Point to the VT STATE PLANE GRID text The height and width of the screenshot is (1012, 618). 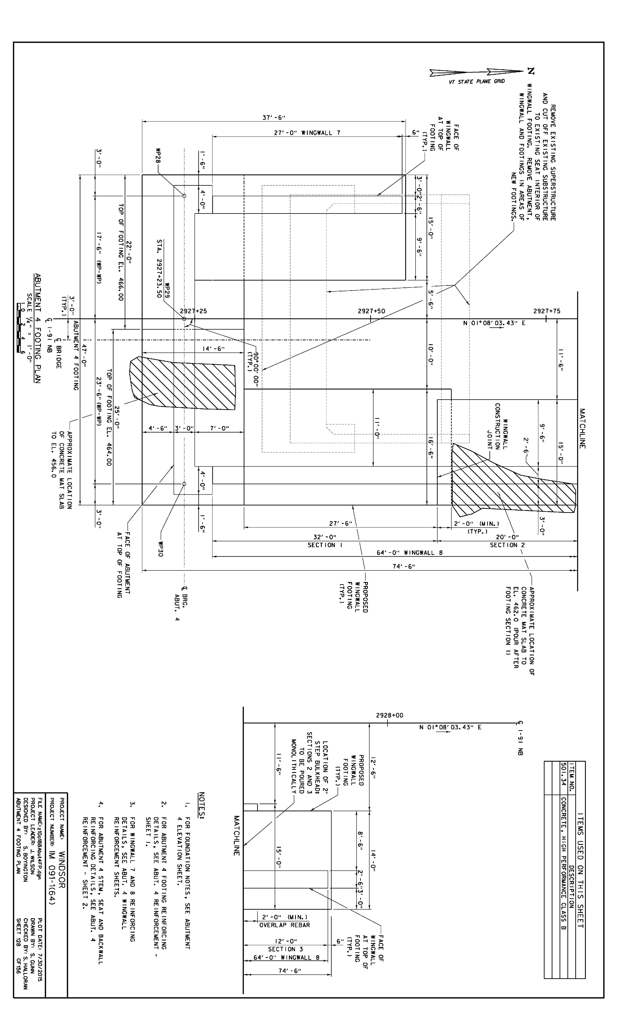coord(476,81)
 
